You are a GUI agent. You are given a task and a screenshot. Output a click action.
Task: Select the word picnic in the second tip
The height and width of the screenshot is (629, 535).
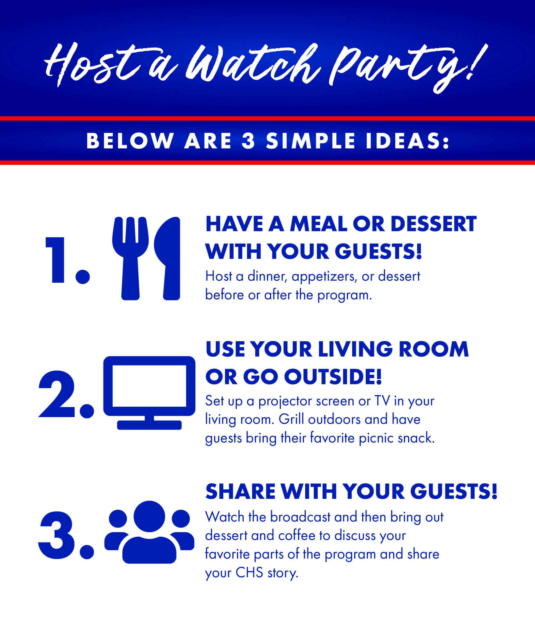coord(376,438)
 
